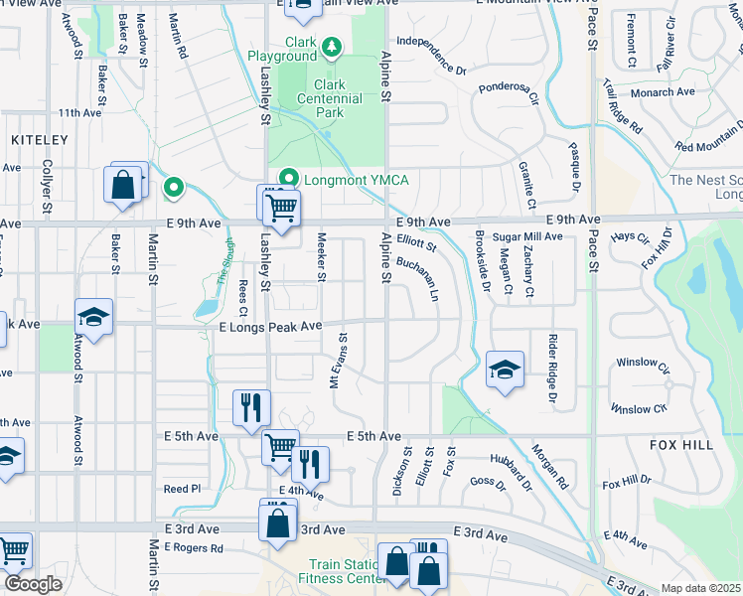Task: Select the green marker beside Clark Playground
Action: [x=332, y=46]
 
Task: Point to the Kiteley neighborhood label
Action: [x=40, y=141]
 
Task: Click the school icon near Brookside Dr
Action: [x=505, y=370]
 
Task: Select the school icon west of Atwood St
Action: [x=94, y=318]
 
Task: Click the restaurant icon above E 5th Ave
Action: [x=251, y=406]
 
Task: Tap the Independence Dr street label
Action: [x=430, y=56]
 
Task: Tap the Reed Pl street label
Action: [x=182, y=489]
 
